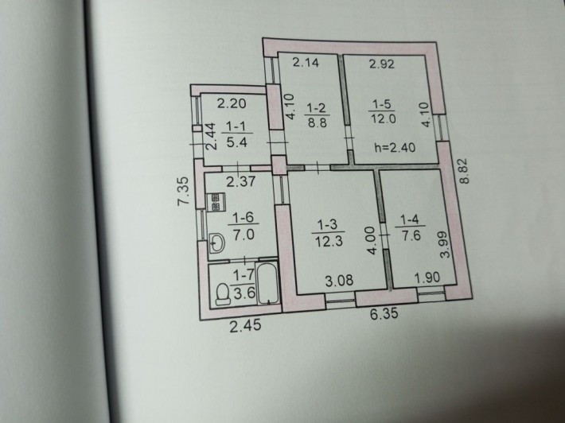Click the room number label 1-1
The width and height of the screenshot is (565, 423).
[236, 126]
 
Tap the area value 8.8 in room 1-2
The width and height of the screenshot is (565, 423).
[317, 122]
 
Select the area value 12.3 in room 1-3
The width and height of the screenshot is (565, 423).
[329, 241]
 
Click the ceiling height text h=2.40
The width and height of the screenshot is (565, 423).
[395, 147]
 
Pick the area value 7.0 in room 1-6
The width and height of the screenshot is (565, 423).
[244, 235]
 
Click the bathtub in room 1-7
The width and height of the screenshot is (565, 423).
[268, 284]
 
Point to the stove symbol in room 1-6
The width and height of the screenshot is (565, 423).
[215, 202]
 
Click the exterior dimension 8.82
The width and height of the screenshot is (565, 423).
[466, 172]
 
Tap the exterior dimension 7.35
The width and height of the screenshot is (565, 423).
[184, 191]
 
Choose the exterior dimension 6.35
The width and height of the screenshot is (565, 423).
[384, 313]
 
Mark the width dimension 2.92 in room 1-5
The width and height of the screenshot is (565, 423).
[382, 64]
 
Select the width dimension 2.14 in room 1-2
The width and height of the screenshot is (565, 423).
[306, 63]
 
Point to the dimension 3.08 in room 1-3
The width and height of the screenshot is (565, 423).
[340, 280]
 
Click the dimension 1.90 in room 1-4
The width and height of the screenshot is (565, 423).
[427, 277]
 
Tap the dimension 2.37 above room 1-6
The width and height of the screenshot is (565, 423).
[240, 181]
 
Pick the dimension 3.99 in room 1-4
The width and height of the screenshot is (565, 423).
[446, 244]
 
